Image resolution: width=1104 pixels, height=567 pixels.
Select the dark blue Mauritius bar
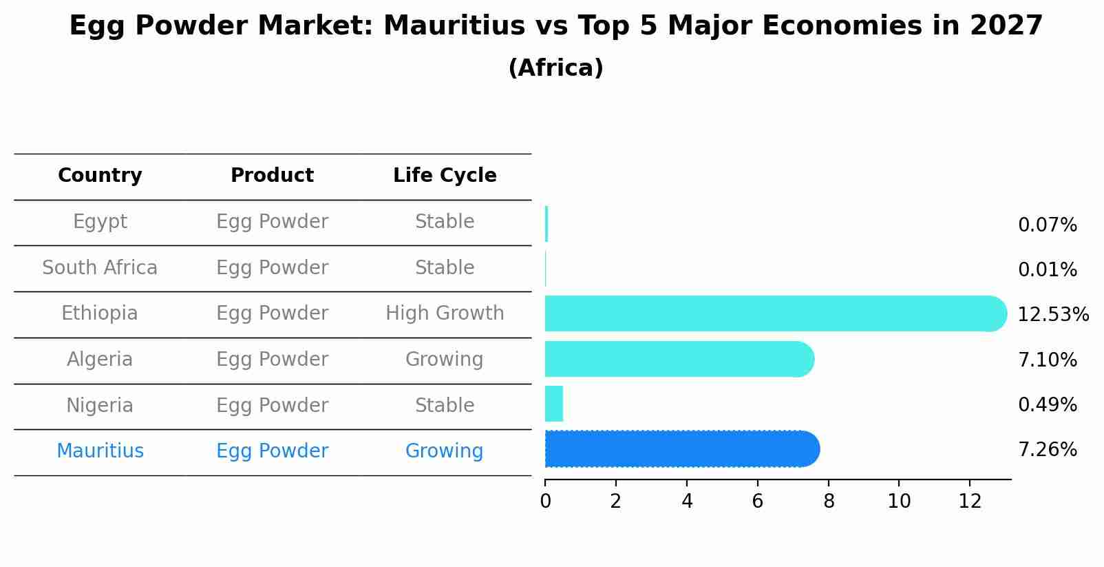click(x=681, y=449)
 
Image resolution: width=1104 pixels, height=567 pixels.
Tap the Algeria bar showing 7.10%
click(x=679, y=359)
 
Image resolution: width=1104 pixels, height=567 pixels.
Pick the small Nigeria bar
click(x=554, y=404)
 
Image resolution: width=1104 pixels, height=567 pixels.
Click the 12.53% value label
click(x=1052, y=315)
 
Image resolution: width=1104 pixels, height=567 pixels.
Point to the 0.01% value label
click(x=1047, y=270)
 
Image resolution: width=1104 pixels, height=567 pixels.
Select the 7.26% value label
click(x=1047, y=450)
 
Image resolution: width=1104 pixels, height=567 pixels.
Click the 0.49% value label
click(x=1047, y=405)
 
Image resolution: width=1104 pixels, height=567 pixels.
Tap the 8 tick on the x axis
click(x=829, y=502)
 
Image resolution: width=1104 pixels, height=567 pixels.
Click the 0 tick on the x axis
click(x=545, y=502)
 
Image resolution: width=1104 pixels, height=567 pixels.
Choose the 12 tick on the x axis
click(x=970, y=502)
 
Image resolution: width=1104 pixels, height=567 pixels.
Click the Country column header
click(x=100, y=176)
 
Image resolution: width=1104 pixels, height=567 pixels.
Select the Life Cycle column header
click(x=445, y=176)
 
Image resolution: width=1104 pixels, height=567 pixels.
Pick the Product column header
click(x=272, y=176)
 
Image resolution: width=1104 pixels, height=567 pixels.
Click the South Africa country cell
click(x=100, y=268)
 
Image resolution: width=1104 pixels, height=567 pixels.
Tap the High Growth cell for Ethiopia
click(x=445, y=313)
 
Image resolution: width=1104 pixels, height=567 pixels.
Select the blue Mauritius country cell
click(x=100, y=451)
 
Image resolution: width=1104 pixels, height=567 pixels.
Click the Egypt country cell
click(x=100, y=222)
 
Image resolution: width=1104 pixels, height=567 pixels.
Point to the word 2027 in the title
click(x=1006, y=26)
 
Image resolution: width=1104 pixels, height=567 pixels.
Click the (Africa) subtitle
click(x=555, y=68)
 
